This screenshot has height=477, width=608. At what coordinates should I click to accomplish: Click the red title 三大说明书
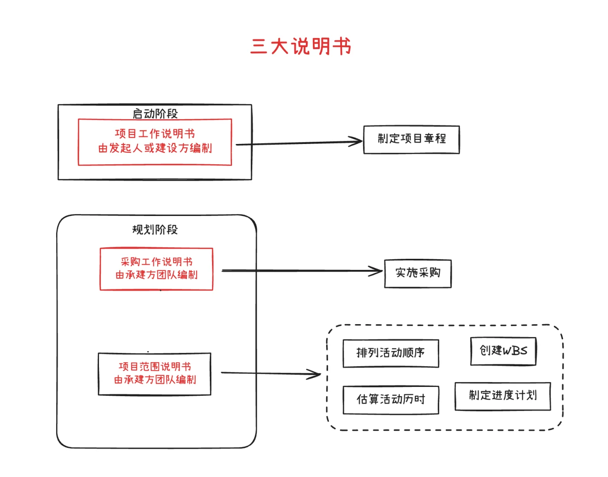[x=300, y=46]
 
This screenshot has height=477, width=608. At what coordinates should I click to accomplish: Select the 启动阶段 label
[x=155, y=114]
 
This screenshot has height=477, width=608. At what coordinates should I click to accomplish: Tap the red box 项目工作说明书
[x=155, y=142]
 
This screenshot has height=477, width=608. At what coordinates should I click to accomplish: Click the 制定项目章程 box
[x=411, y=139]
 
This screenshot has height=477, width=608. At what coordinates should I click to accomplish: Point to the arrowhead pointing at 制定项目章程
[x=357, y=142]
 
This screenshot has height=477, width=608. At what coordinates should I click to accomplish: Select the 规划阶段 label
[x=155, y=229]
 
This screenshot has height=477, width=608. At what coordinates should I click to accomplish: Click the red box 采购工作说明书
[x=156, y=269]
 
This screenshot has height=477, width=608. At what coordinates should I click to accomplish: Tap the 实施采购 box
[x=418, y=273]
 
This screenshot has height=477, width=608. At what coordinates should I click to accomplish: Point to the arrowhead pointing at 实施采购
[x=377, y=271]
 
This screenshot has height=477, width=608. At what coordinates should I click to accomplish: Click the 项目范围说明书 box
[x=155, y=373]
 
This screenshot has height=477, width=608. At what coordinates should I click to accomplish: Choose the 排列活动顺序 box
[x=391, y=353]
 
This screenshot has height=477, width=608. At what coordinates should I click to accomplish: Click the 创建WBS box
[x=503, y=351]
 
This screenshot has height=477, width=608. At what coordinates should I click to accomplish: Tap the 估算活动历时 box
[x=391, y=400]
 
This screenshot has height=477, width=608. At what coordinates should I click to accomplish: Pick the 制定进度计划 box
[x=503, y=396]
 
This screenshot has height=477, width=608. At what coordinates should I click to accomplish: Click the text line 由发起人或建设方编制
[x=155, y=148]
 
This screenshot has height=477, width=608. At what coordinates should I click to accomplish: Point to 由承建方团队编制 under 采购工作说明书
[x=156, y=275]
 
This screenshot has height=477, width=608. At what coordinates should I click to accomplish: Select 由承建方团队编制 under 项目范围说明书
[x=155, y=380]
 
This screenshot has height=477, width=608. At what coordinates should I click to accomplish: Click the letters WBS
[x=515, y=351]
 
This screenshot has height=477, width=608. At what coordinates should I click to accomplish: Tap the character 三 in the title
[x=258, y=46]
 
